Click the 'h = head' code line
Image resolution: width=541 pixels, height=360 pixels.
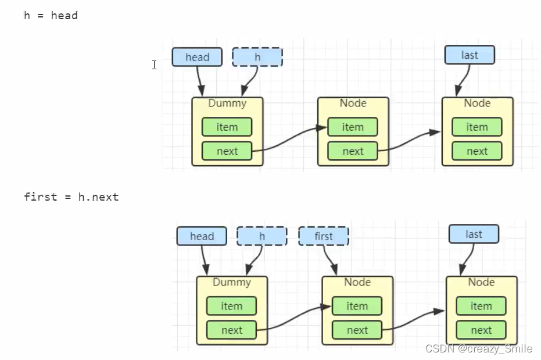(51, 16)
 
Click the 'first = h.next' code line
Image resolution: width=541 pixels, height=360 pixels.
(71, 197)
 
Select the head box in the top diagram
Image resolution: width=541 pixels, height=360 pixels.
(197, 57)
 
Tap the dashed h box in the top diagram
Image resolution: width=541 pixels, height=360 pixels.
(257, 57)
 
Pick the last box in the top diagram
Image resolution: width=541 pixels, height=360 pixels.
(470, 55)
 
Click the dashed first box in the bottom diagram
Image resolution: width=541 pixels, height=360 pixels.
(324, 236)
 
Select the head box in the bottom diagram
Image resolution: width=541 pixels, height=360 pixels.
(202, 236)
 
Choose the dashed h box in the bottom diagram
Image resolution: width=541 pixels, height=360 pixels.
(262, 236)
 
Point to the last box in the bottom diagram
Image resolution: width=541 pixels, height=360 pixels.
(474, 234)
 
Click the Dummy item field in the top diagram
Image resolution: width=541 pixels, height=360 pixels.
(227, 127)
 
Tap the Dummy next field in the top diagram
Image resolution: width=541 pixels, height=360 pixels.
(227, 151)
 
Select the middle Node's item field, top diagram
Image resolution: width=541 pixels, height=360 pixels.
(353, 127)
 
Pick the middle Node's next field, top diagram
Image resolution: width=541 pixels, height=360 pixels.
(353, 151)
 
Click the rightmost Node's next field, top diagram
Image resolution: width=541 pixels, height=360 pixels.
(477, 151)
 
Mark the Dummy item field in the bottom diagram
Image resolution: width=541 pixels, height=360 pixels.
(231, 306)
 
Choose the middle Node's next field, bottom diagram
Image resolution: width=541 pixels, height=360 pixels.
(357, 330)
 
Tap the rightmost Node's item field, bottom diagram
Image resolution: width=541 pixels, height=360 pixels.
(481, 306)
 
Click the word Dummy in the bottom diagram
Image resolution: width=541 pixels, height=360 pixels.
(231, 283)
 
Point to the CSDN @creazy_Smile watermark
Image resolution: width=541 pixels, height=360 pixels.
(478, 348)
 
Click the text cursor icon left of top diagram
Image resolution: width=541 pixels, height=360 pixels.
(154, 65)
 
